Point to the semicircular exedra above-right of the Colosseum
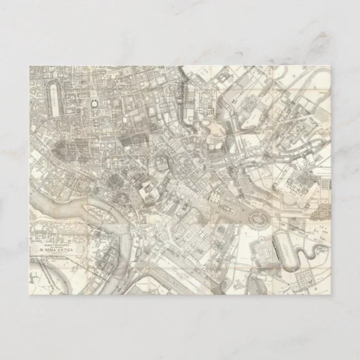[290, 198]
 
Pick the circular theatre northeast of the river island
[146, 192]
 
